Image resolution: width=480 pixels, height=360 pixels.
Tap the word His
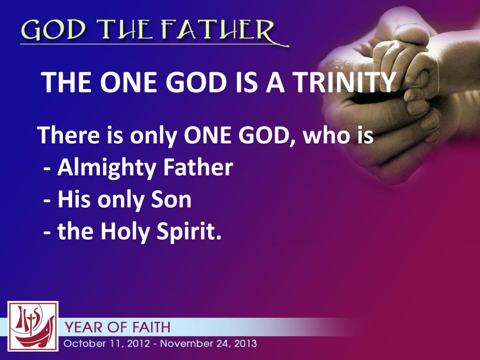pyautogui.click(x=74, y=200)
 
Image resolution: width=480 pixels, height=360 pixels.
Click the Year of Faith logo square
pyautogui.click(x=33, y=326)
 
